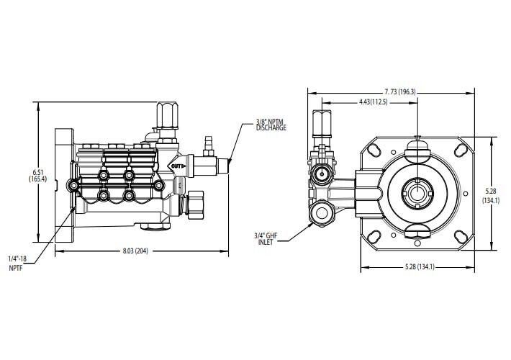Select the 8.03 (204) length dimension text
pyautogui.click(x=137, y=251)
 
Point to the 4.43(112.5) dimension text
pyautogui.click(x=373, y=103)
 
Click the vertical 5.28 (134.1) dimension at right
pyautogui.click(x=492, y=196)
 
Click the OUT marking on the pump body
pyautogui.click(x=176, y=166)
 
